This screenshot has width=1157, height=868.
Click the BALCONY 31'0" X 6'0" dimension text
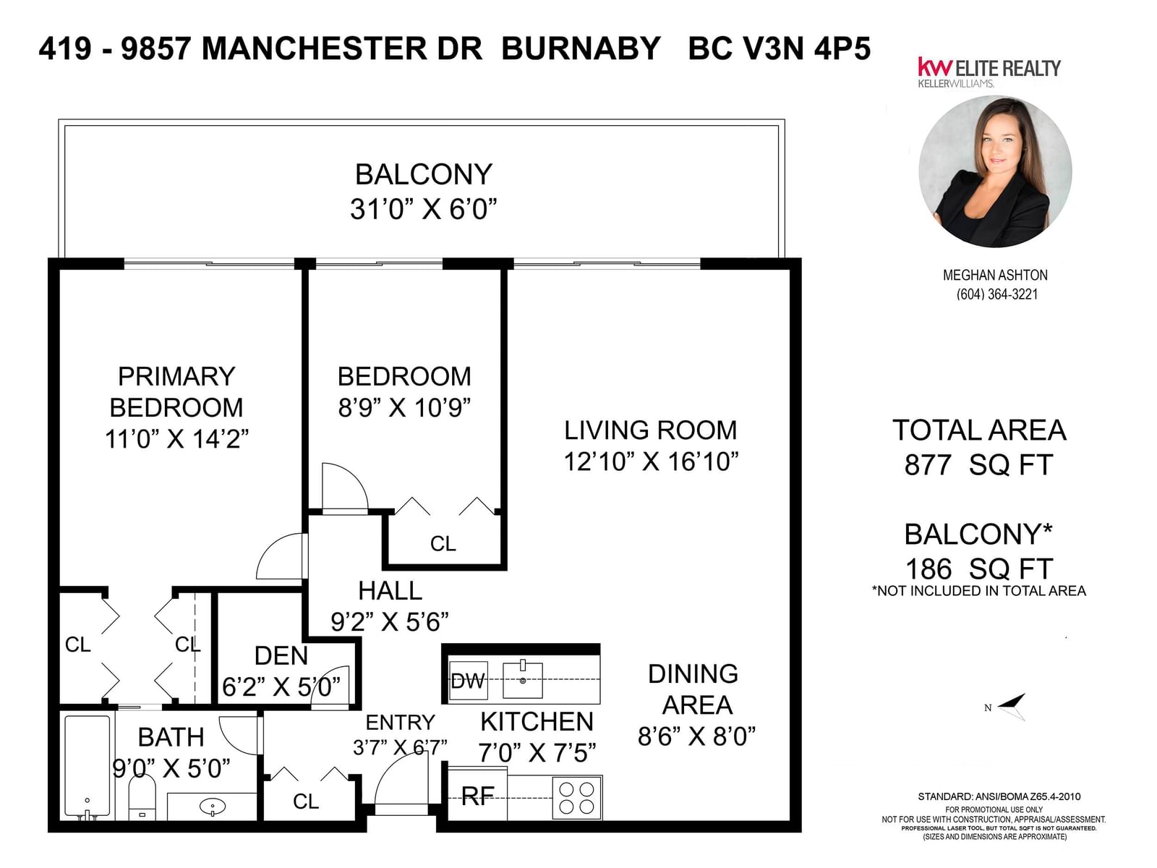pyautogui.click(x=423, y=209)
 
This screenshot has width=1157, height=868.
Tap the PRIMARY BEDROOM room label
pyautogui.click(x=176, y=391)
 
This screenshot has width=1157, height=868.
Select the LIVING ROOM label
pyautogui.click(x=650, y=430)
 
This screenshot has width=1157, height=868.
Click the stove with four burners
pyautogui.click(x=576, y=797)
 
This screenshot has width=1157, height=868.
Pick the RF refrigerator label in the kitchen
pyautogui.click(x=477, y=796)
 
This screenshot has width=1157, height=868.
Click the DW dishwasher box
pyautogui.click(x=468, y=681)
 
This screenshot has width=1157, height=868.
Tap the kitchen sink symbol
pyautogui.click(x=522, y=679)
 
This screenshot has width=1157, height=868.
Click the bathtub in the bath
pyautogui.click(x=87, y=767)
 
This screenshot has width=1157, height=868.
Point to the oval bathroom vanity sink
pyautogui.click(x=213, y=806)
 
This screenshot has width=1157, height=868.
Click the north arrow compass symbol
pyautogui.click(x=1010, y=706)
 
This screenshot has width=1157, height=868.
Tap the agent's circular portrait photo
pyautogui.click(x=995, y=171)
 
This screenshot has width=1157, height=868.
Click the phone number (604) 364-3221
pyautogui.click(x=996, y=294)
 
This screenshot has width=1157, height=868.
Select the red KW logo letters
pyautogui.click(x=935, y=67)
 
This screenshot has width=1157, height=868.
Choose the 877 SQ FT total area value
pyautogui.click(x=979, y=465)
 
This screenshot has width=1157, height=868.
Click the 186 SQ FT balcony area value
pyautogui.click(x=979, y=569)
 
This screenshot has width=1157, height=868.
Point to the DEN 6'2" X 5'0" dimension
pyautogui.click(x=281, y=686)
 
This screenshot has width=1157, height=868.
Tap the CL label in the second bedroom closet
pyautogui.click(x=443, y=543)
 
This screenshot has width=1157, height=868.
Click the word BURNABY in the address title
pyautogui.click(x=581, y=48)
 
